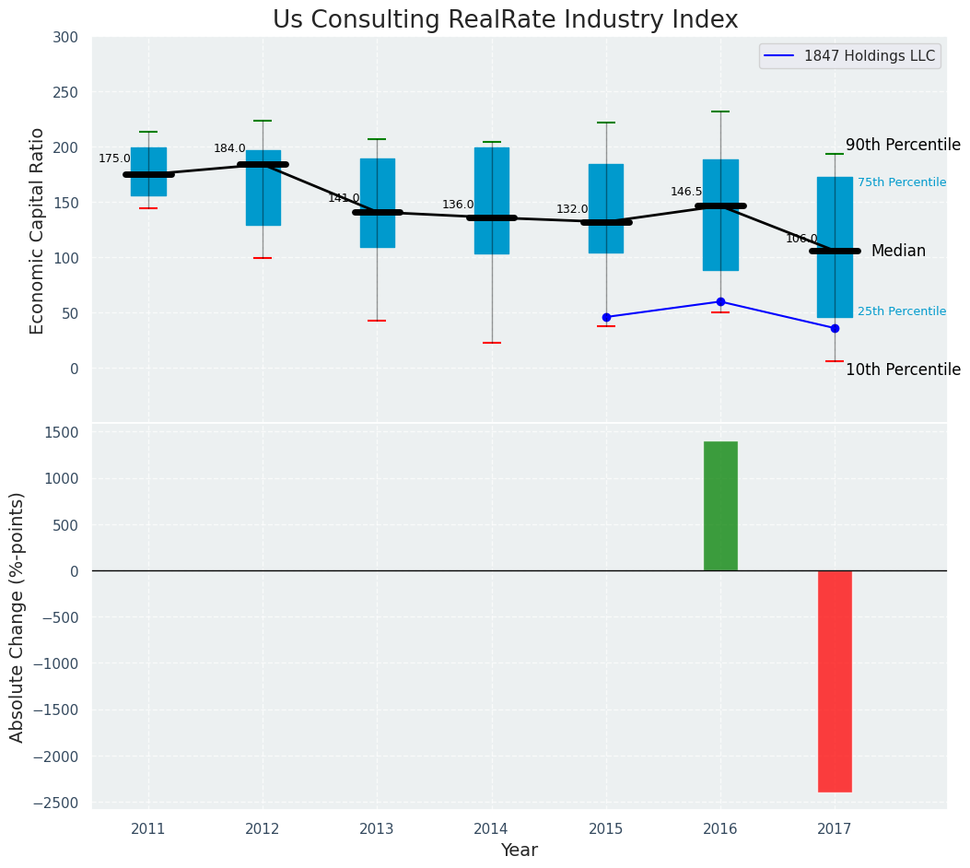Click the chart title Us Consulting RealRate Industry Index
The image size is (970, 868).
pos(505,20)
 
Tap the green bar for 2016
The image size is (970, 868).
pos(720,506)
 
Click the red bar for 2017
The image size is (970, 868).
pos(835,681)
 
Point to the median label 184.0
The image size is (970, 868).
pos(229,148)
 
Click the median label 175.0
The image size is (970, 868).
pos(114,158)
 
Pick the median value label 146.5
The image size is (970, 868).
pos(686,192)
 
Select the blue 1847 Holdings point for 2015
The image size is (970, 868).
pos(606,317)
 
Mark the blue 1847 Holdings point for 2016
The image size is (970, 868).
pos(720,301)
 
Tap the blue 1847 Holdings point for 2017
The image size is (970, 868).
pos(835,328)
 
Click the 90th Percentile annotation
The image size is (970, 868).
pos(903,145)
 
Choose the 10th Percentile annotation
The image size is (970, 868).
pos(903,369)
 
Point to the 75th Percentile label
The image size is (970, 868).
pos(902,182)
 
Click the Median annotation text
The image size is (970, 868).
pos(898,251)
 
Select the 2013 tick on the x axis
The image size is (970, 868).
pos(377,829)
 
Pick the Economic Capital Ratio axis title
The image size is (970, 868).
pos(38,230)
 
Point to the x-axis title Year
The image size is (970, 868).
pos(520,850)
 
